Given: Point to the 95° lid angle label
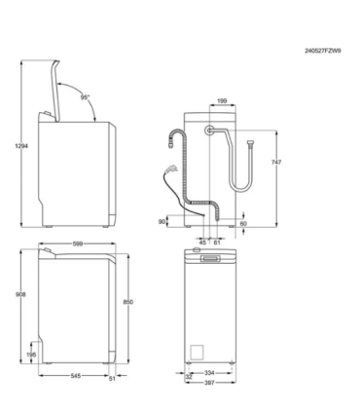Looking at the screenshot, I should coord(86,97).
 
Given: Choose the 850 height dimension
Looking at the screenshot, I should coord(144,303).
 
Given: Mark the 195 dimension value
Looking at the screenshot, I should coord(33,355).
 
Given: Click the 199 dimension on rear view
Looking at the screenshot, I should coord(223,100).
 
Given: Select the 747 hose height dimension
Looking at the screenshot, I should coord(275,163).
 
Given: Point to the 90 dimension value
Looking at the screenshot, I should coord(163,221).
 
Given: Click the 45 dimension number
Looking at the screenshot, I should coord(203,242).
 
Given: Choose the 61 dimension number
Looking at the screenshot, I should coord(217,242).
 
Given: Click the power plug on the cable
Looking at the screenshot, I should coord(174,140).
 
